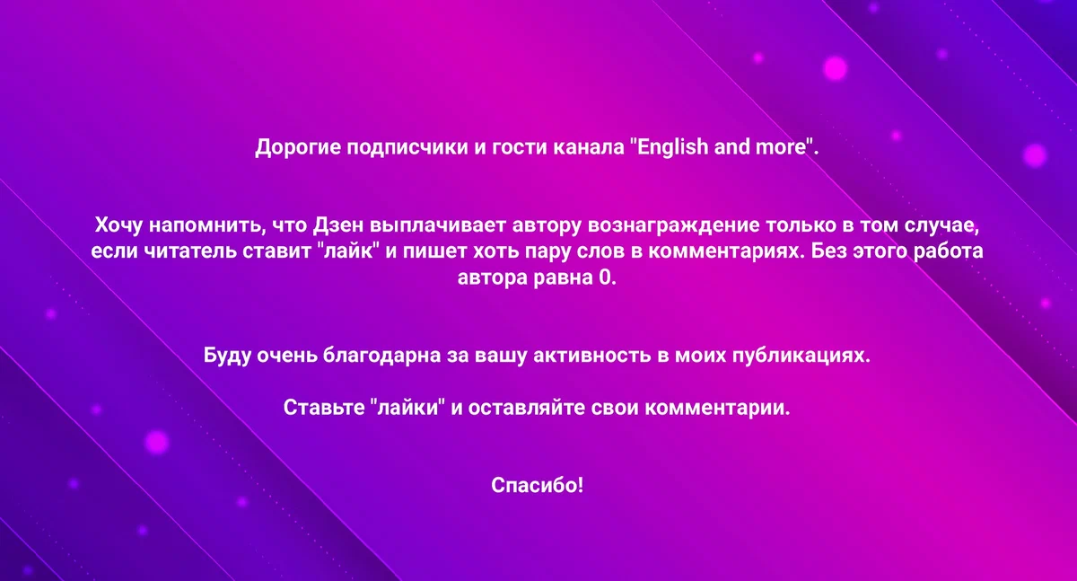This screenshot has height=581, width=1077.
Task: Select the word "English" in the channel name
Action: pyautogui.click(x=670, y=147)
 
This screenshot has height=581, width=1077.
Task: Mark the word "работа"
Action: pyautogui.click(x=943, y=251)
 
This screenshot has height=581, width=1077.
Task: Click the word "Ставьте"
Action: pyautogui.click(x=322, y=409)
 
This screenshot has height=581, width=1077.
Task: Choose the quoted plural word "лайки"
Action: pyautogui.click(x=408, y=409)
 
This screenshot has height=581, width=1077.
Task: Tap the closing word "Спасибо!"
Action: pyautogui.click(x=538, y=486)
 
